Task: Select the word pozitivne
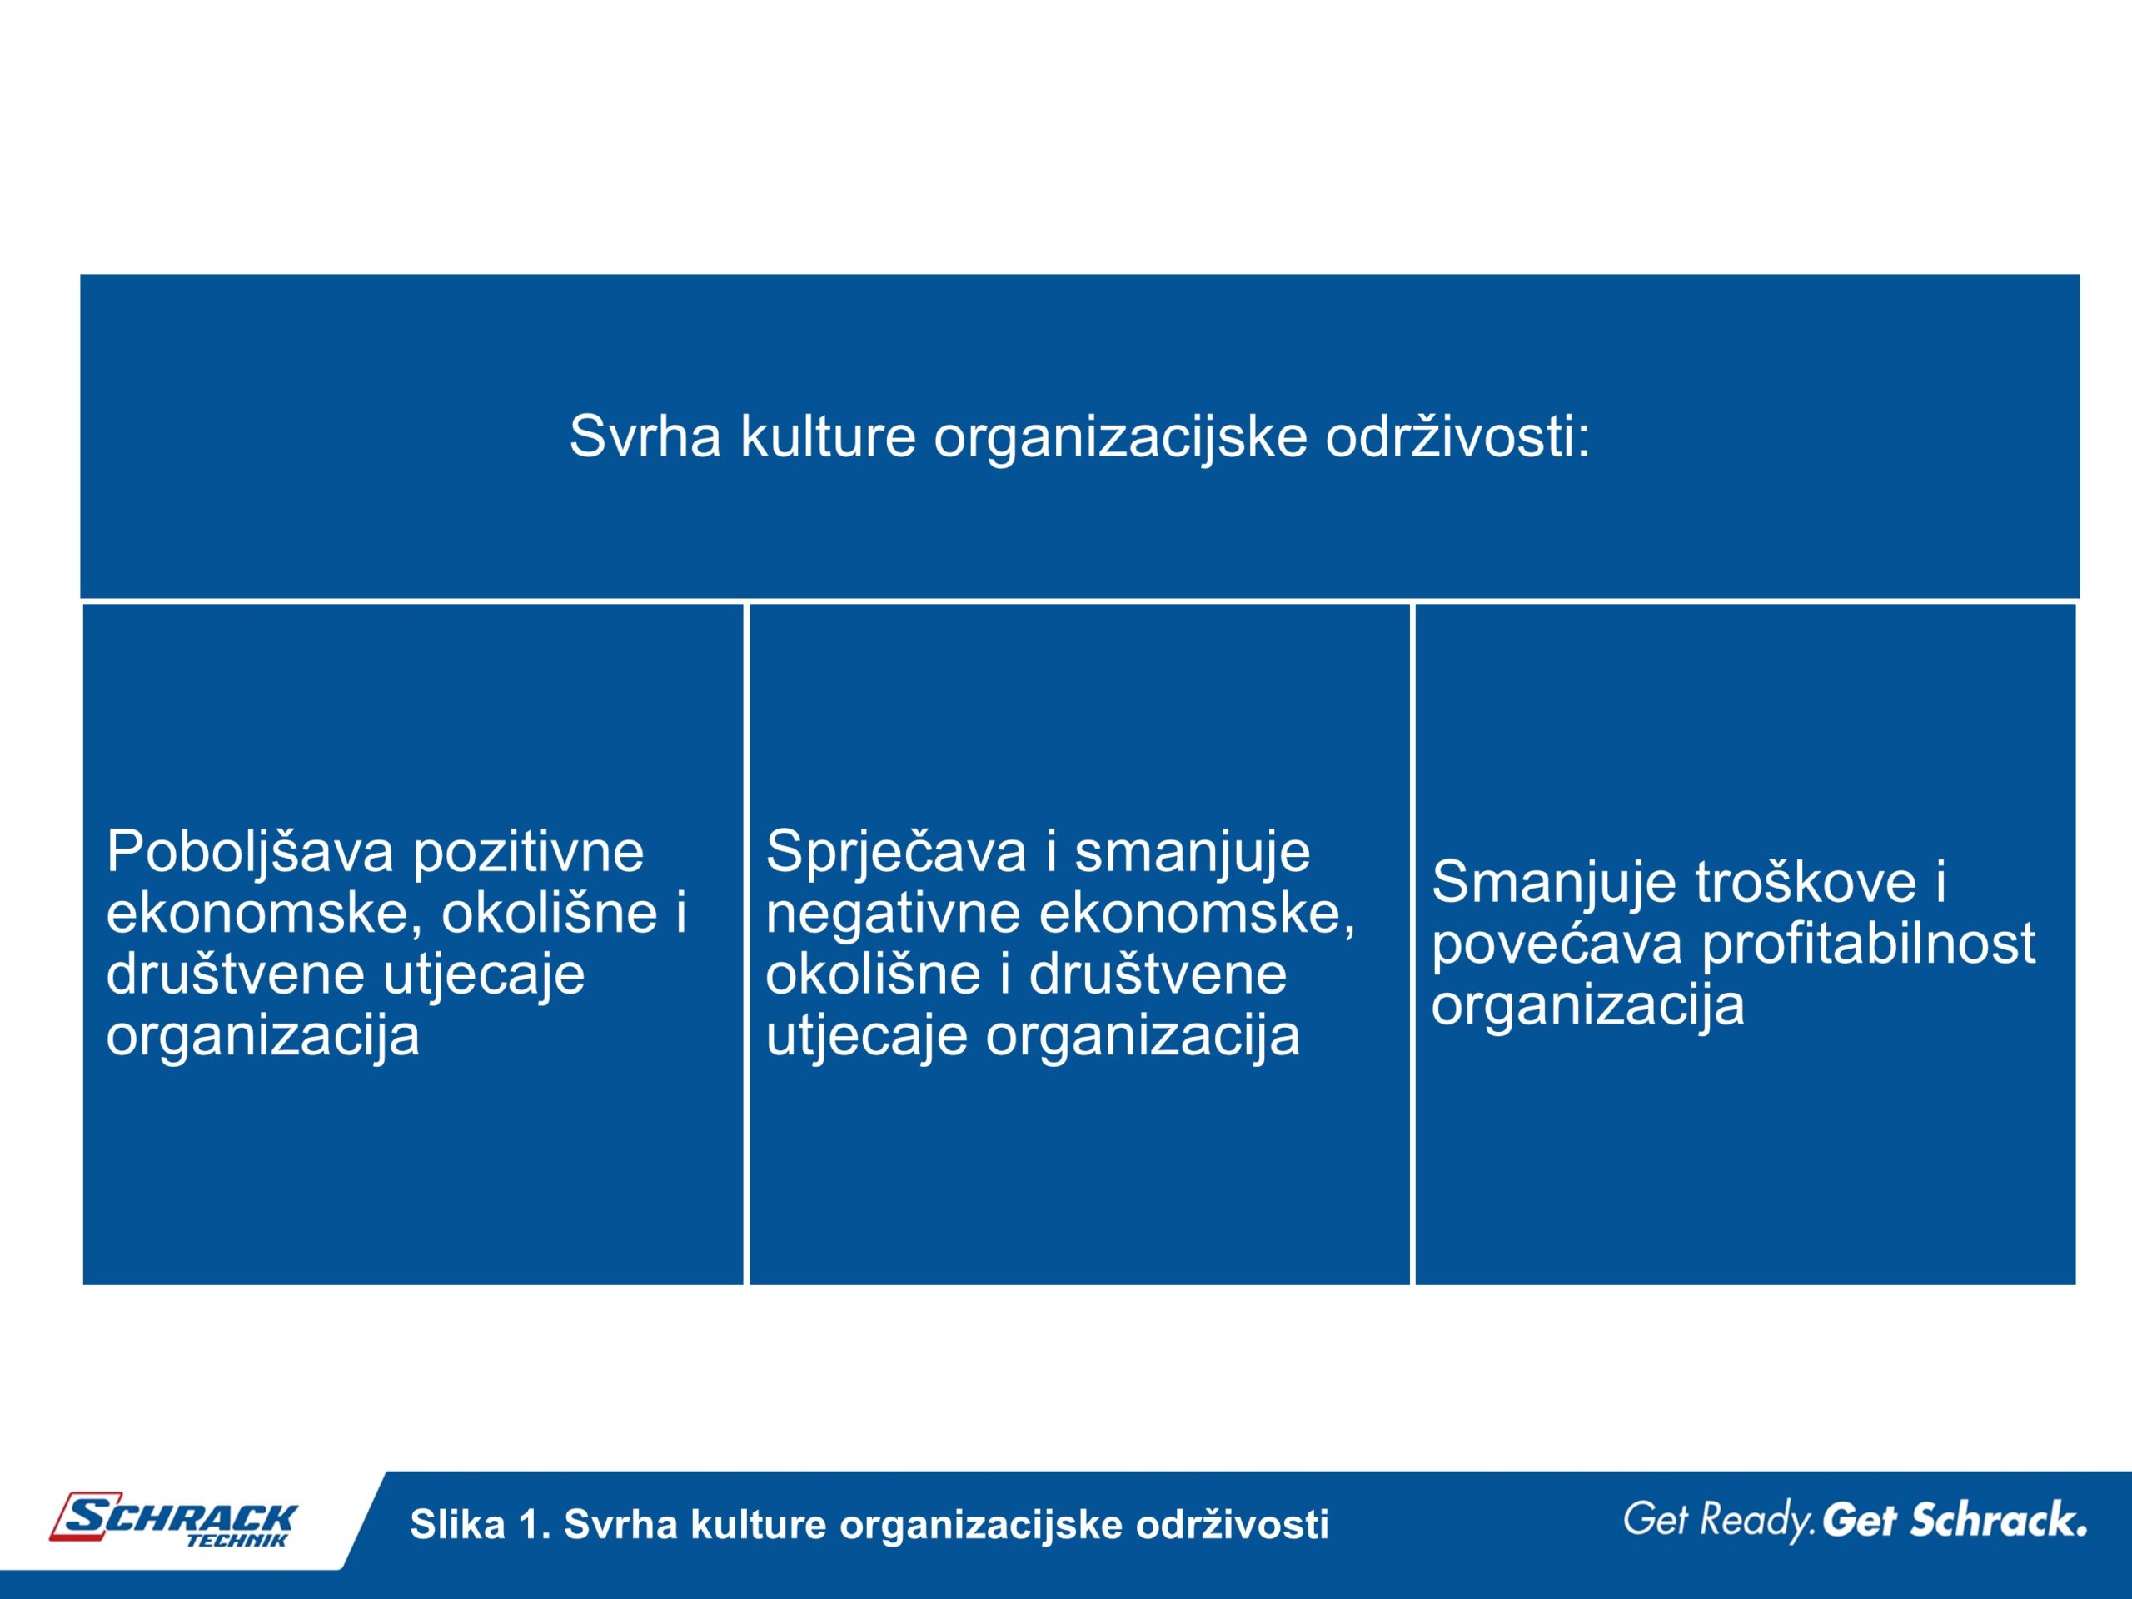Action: (529, 854)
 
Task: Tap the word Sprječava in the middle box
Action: (895, 854)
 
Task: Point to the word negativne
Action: (893, 914)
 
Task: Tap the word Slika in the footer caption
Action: (457, 1524)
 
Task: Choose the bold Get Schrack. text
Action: (1954, 1520)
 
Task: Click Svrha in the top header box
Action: (645, 436)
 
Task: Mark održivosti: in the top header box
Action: (1457, 436)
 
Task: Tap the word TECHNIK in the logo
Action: (237, 1540)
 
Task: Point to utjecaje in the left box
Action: (484, 975)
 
